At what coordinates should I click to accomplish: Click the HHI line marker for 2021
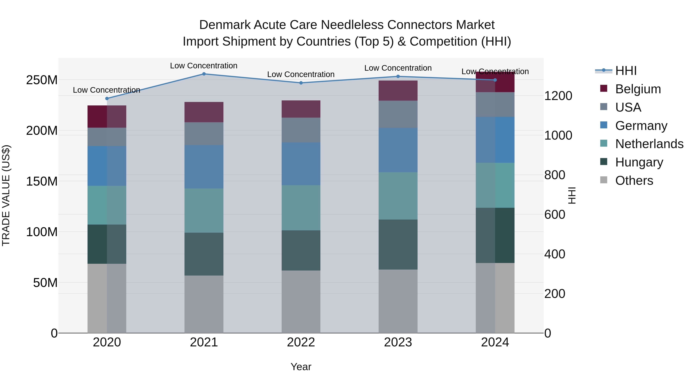click(204, 74)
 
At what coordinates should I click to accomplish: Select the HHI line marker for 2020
click(107, 98)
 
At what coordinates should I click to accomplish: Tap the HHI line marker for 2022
click(301, 83)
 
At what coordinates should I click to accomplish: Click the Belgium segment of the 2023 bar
click(398, 91)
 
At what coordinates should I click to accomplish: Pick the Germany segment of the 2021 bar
click(204, 167)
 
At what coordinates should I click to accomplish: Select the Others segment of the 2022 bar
click(301, 302)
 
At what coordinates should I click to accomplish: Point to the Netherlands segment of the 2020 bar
click(107, 205)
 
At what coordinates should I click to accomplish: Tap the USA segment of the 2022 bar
click(301, 130)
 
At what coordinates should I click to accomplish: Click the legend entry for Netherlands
click(649, 144)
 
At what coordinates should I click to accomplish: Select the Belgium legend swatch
click(604, 88)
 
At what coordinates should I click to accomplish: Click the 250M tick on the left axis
click(42, 80)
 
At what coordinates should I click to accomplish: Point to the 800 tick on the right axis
click(554, 175)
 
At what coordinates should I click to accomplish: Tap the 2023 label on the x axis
click(398, 342)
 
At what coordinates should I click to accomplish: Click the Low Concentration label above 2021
click(204, 66)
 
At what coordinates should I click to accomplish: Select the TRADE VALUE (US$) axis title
click(6, 195)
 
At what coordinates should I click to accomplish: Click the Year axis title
click(301, 367)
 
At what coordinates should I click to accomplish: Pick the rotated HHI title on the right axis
click(571, 195)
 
